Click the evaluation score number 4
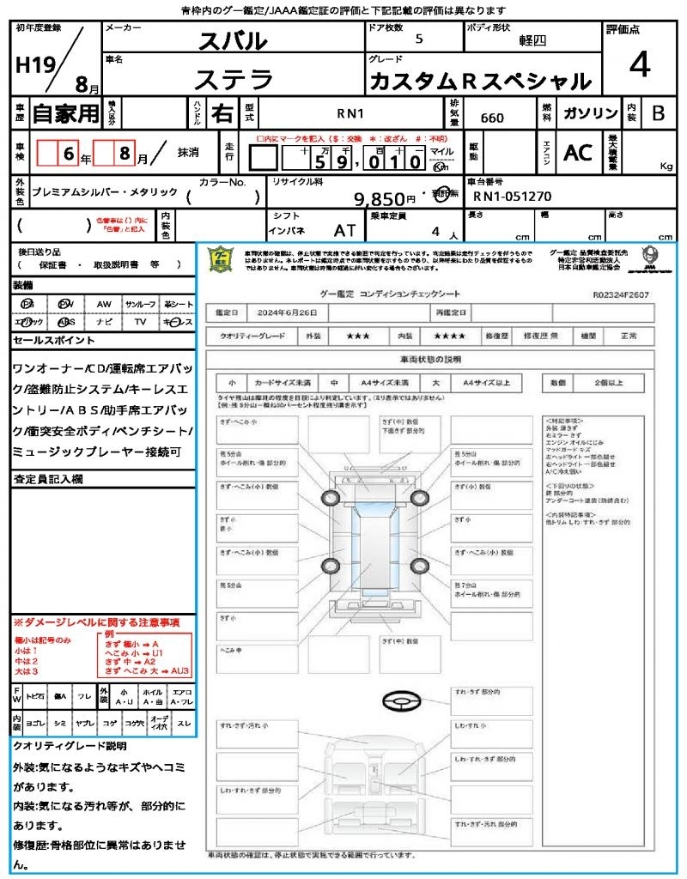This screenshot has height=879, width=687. (x=638, y=64)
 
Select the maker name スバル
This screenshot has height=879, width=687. (x=233, y=40)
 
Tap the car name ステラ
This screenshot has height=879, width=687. (x=233, y=80)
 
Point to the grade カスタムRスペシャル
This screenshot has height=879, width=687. (x=480, y=82)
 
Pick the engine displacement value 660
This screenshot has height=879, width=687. (x=492, y=118)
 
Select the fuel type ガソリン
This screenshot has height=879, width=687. (x=587, y=113)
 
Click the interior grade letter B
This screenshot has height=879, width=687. (x=658, y=113)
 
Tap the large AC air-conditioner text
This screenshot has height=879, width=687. (x=578, y=153)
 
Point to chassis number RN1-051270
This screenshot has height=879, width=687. (x=513, y=197)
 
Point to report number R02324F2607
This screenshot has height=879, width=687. (x=621, y=294)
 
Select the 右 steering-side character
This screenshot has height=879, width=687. (x=222, y=112)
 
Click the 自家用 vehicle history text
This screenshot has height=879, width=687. (x=65, y=113)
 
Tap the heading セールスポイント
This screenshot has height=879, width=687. (x=53, y=341)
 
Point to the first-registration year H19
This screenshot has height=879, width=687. (x=34, y=64)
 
